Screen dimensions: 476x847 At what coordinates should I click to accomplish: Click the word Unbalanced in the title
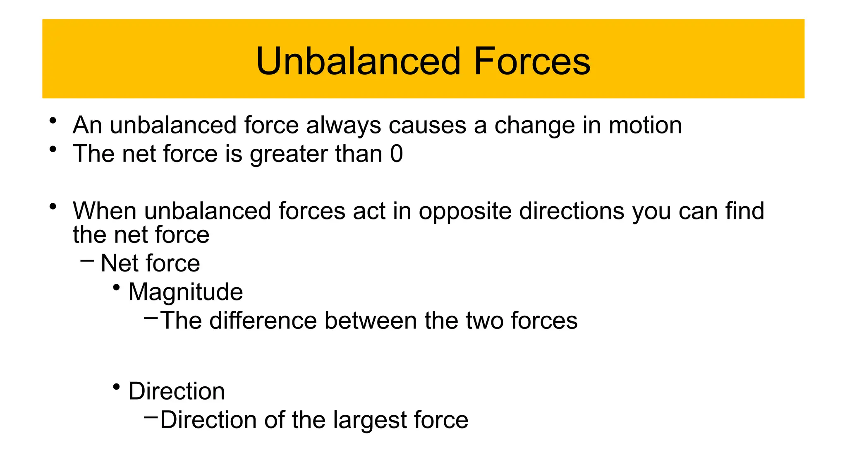(358, 61)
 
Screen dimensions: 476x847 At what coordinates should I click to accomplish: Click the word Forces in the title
(532, 61)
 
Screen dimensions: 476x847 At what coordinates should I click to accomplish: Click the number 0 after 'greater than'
(396, 154)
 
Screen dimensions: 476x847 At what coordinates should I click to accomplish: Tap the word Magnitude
(186, 292)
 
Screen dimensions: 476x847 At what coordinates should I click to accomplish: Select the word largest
(370, 421)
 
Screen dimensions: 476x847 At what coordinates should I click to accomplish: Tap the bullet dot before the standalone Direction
(117, 387)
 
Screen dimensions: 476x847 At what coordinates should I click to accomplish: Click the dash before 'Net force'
(87, 261)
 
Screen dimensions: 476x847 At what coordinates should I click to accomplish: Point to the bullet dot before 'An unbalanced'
(53, 121)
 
